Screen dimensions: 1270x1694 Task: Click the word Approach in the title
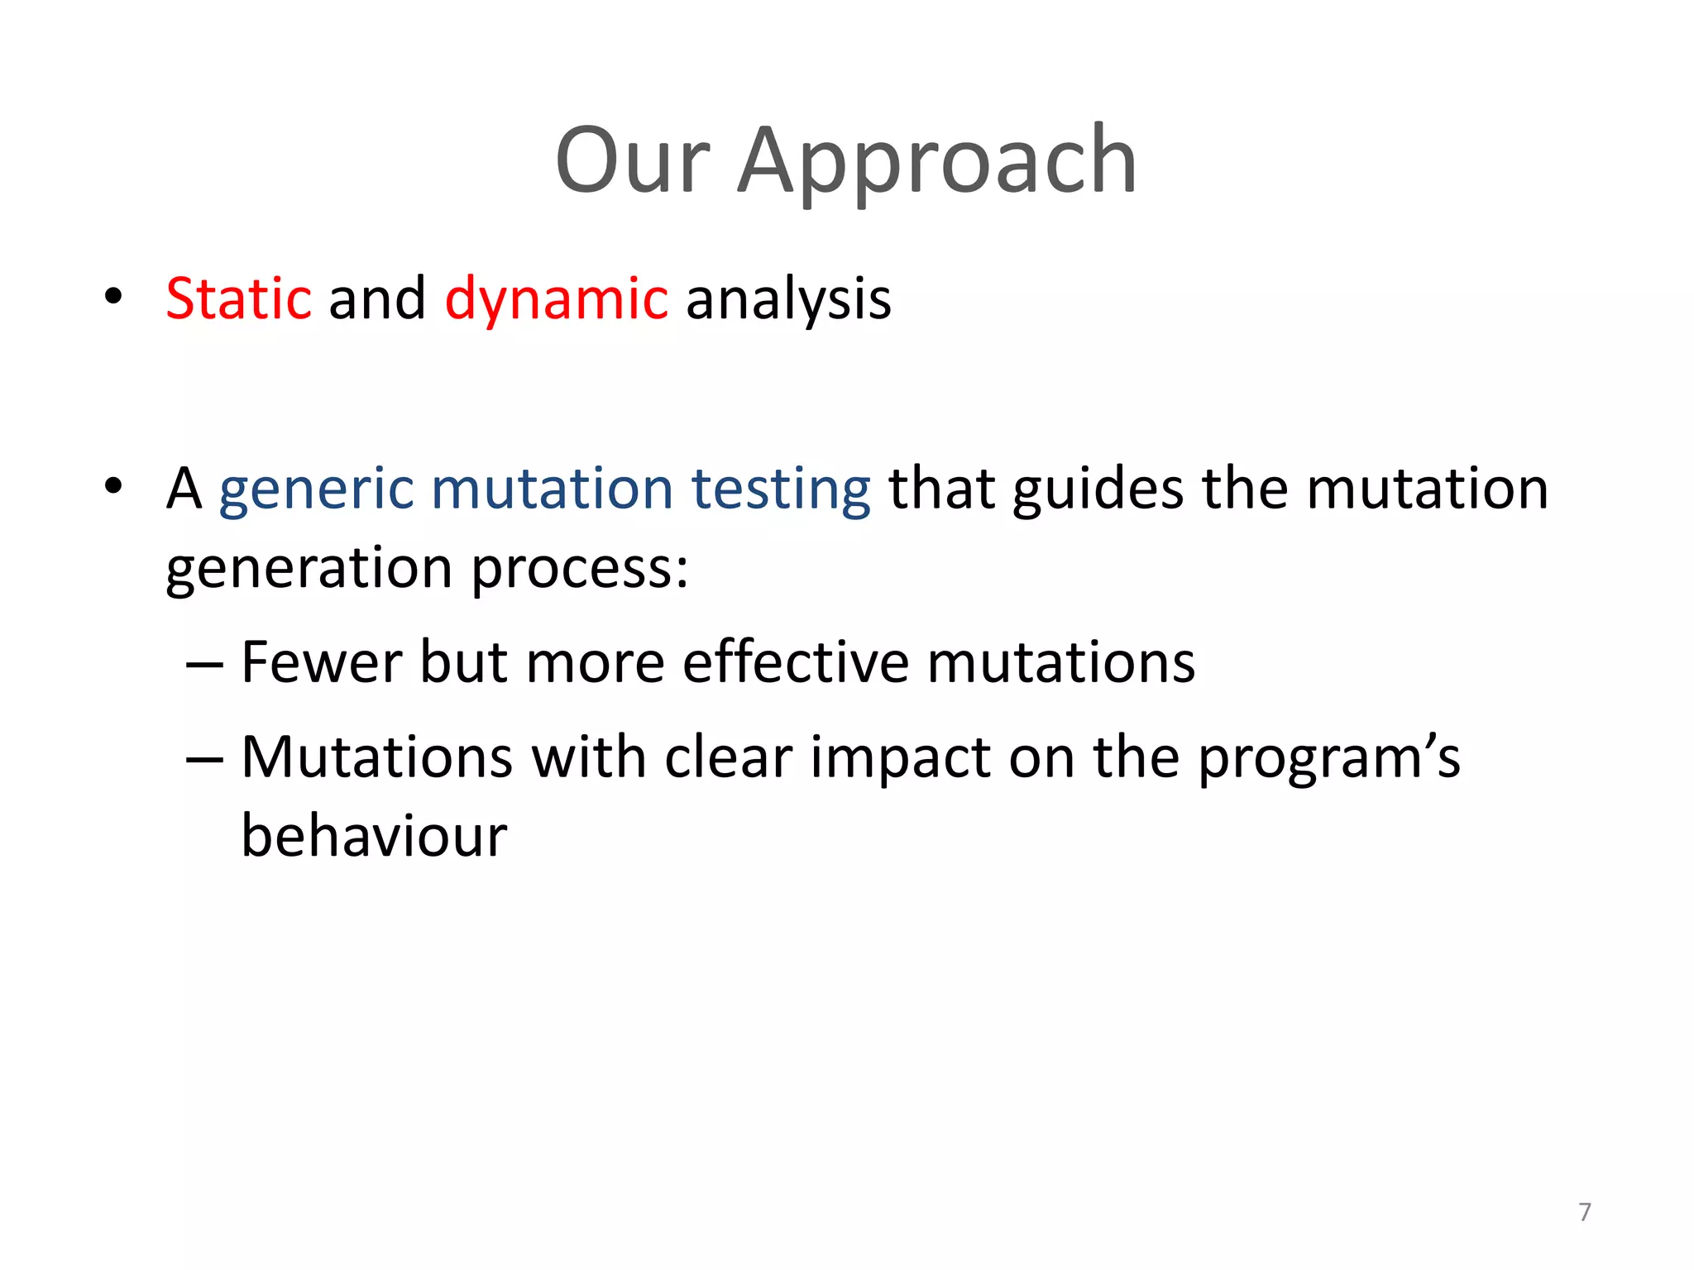pyautogui.click(x=936, y=161)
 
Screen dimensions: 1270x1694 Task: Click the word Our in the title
pyautogui.click(x=633, y=161)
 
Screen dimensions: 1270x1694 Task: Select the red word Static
pyautogui.click(x=238, y=298)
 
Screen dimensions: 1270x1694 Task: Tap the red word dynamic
pyautogui.click(x=556, y=298)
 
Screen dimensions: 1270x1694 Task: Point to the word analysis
pyautogui.click(x=788, y=298)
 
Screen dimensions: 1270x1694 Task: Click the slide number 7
pyautogui.click(x=1584, y=1212)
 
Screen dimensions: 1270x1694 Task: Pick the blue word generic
pyautogui.click(x=316, y=489)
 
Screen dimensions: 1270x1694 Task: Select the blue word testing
pyautogui.click(x=780, y=489)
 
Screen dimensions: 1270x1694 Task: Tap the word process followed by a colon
pyautogui.click(x=579, y=569)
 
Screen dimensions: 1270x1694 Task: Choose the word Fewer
pyautogui.click(x=320, y=662)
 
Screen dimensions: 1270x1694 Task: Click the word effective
pyautogui.click(x=795, y=662)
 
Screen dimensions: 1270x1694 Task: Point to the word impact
pyautogui.click(x=899, y=757)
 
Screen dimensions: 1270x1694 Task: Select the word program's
pyautogui.click(x=1328, y=757)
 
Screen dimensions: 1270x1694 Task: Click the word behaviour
pyautogui.click(x=374, y=836)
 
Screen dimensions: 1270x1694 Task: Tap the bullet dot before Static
pyautogui.click(x=113, y=297)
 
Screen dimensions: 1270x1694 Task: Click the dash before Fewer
pyautogui.click(x=204, y=664)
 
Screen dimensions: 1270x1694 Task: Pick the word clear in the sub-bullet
pyautogui.click(x=728, y=757)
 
